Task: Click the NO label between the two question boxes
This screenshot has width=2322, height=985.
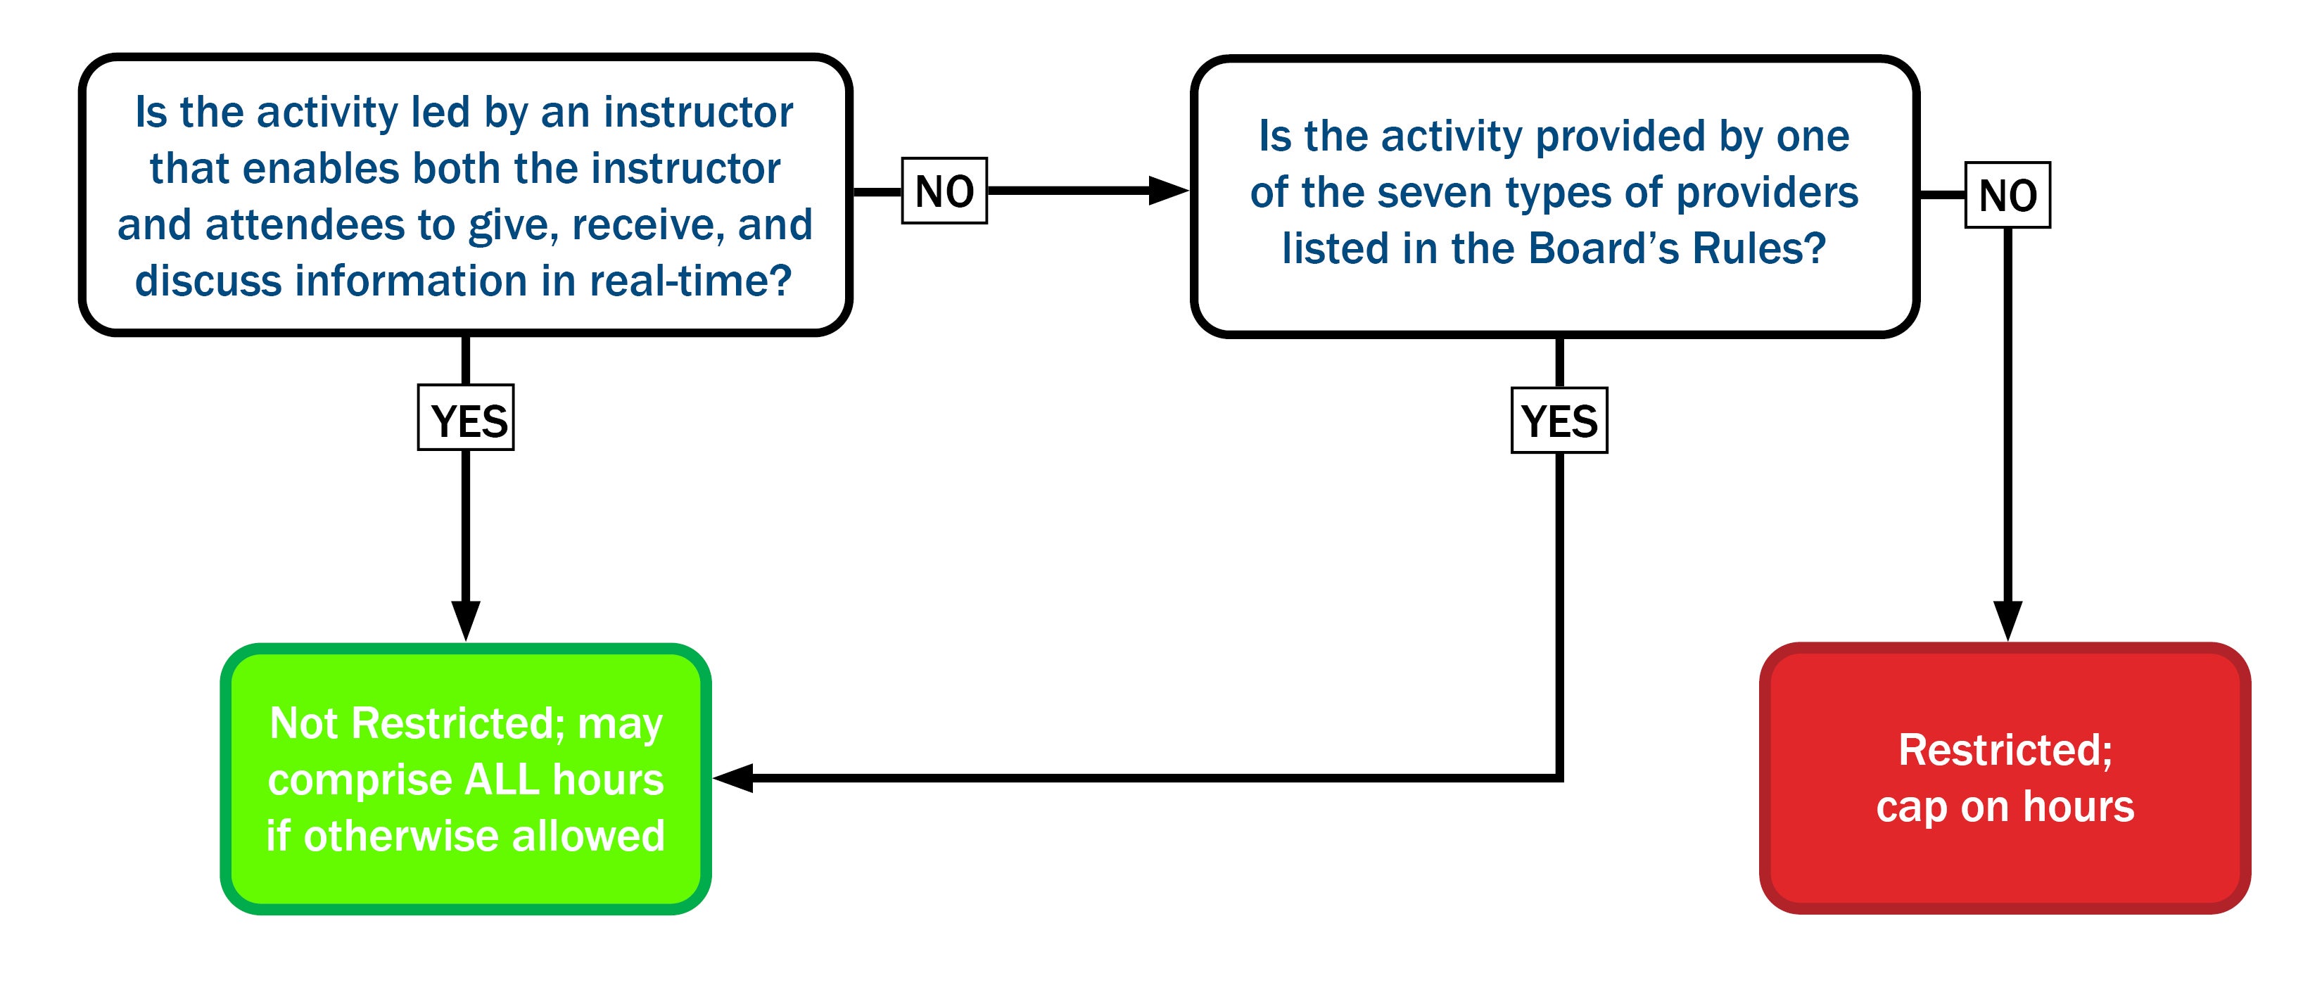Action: coord(944,191)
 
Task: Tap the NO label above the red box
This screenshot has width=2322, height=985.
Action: coord(2007,195)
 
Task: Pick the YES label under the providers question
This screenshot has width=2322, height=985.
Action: coord(1559,421)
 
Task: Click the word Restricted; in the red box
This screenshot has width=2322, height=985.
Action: coord(2005,750)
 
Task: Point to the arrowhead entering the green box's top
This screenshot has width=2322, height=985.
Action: coord(466,619)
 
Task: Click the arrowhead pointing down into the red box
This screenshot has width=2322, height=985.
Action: coord(2007,619)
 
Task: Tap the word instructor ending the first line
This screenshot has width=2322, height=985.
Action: coord(699,113)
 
